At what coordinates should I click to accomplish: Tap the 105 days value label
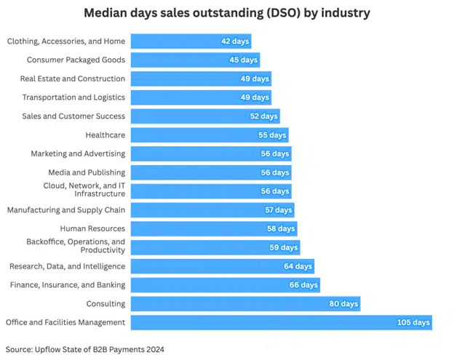tap(414, 323)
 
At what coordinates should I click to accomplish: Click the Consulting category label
tap(106, 303)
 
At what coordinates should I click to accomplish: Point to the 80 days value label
tap(343, 304)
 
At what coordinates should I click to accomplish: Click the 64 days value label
tap(298, 266)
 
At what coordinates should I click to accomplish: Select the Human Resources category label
tap(92, 228)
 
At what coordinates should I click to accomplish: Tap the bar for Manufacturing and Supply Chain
tap(212, 210)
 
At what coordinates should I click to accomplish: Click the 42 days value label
tap(235, 41)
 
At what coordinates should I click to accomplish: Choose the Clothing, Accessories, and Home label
tap(66, 41)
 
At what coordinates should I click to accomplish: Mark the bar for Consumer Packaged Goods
tap(194, 60)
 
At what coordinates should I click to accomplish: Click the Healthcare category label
tap(105, 135)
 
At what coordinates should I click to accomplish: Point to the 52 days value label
tap(263, 116)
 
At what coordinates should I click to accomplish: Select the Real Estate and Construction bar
tap(200, 79)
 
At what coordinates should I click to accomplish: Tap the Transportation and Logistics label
tap(73, 97)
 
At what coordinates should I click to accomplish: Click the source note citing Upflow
tap(85, 349)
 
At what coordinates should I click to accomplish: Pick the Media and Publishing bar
tap(210, 172)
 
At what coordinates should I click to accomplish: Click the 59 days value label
tap(284, 247)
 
